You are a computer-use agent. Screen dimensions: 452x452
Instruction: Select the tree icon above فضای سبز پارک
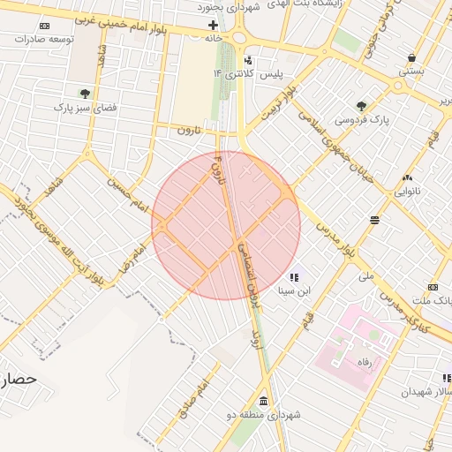click(x=85, y=93)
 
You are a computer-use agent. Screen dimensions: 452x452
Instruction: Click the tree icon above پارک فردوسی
click(x=361, y=106)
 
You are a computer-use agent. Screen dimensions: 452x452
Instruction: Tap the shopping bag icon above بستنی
click(x=411, y=57)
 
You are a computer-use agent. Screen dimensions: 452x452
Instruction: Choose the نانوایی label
click(x=407, y=190)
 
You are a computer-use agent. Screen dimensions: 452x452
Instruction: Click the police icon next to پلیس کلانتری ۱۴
click(x=249, y=60)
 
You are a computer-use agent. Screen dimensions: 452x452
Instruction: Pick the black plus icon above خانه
click(x=213, y=25)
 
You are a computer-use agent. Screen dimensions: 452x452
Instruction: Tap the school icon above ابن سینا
click(x=294, y=277)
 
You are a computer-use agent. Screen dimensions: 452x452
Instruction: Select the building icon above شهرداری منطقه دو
click(x=264, y=402)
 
